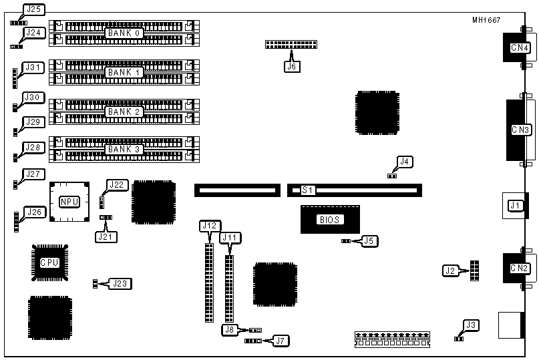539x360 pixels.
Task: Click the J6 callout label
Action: click(x=291, y=66)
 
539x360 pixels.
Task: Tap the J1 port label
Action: click(x=514, y=206)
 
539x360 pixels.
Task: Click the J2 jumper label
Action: click(x=452, y=271)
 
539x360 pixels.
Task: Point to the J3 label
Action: click(x=472, y=325)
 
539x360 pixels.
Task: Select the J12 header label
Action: click(x=209, y=226)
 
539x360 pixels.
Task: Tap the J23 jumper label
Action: click(x=121, y=283)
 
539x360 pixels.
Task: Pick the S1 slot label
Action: click(x=308, y=190)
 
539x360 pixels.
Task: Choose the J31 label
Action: click(x=33, y=67)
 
